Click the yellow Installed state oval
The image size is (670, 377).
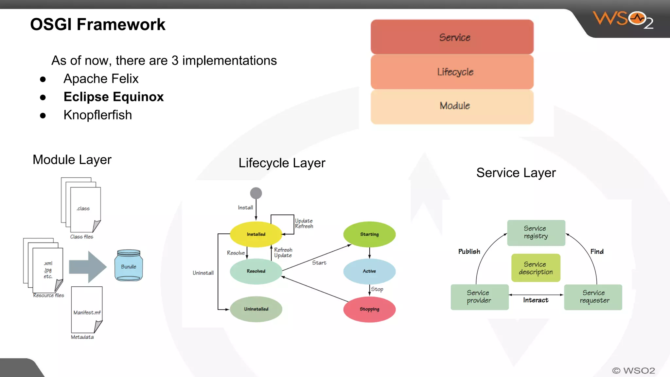coord(256,234)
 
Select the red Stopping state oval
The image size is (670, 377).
coord(369,309)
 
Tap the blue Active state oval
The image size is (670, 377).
coord(369,271)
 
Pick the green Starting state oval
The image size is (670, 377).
coord(369,234)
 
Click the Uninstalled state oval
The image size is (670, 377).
coord(256,309)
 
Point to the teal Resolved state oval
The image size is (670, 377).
coord(256,271)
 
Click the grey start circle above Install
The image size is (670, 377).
coord(256,193)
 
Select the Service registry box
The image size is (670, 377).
coord(536,233)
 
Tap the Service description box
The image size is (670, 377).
coord(536,268)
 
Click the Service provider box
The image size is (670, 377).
coord(479,297)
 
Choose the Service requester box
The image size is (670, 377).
coord(593,297)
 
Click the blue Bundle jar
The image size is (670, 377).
coord(129,265)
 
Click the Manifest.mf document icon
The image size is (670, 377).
coord(87,310)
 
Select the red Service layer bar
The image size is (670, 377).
coord(452,37)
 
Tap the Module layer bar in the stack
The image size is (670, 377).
coord(452,106)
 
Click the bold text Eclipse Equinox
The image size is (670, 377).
coord(114,97)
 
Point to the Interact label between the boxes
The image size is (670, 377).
coord(536,300)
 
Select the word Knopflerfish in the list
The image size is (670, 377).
coord(97,115)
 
